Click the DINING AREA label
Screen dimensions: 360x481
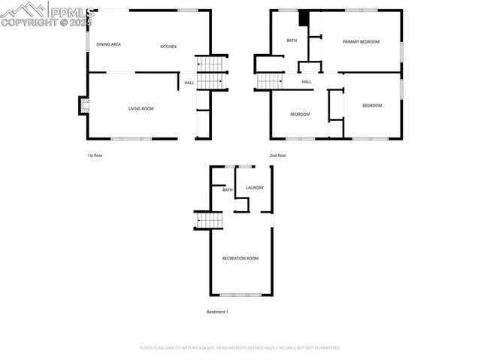tap(109, 45)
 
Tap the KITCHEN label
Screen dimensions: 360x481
tap(168, 47)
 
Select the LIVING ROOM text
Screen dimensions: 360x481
tap(141, 109)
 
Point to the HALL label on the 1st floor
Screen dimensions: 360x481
tap(189, 83)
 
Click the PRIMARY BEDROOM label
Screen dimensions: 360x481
tap(361, 42)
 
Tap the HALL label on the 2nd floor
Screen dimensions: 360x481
tap(307, 82)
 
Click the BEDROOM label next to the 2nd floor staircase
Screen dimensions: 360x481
tap(301, 114)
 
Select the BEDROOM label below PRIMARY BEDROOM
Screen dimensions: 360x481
tap(372, 106)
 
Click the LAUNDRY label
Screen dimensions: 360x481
tap(255, 187)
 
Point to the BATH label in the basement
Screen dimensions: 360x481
tap(227, 189)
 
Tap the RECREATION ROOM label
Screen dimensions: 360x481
tap(240, 259)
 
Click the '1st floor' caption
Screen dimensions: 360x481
tap(95, 156)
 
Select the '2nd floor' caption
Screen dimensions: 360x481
tap(278, 156)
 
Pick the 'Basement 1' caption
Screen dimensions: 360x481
tap(217, 311)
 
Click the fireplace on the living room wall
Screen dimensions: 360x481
tap(83, 107)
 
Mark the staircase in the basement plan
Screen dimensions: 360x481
tap(210, 220)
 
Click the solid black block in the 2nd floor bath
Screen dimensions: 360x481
tap(304, 20)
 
